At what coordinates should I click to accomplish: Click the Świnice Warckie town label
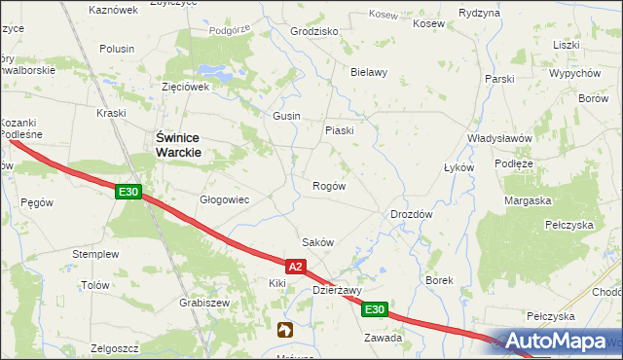(179, 146)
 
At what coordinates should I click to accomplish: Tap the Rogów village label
(328, 186)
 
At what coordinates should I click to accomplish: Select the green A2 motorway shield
(298, 266)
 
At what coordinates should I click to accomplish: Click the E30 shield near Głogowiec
(128, 193)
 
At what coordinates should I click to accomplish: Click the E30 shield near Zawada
(376, 309)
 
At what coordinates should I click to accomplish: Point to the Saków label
(318, 242)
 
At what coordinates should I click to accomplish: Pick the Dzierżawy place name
(337, 290)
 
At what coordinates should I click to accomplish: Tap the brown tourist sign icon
(284, 331)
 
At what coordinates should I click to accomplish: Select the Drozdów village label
(411, 214)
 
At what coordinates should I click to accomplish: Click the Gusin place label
(286, 116)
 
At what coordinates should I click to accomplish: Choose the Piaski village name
(339, 130)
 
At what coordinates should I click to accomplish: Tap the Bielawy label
(369, 72)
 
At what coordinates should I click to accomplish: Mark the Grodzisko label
(314, 31)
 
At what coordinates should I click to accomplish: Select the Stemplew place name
(95, 254)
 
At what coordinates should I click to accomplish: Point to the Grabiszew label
(203, 303)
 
